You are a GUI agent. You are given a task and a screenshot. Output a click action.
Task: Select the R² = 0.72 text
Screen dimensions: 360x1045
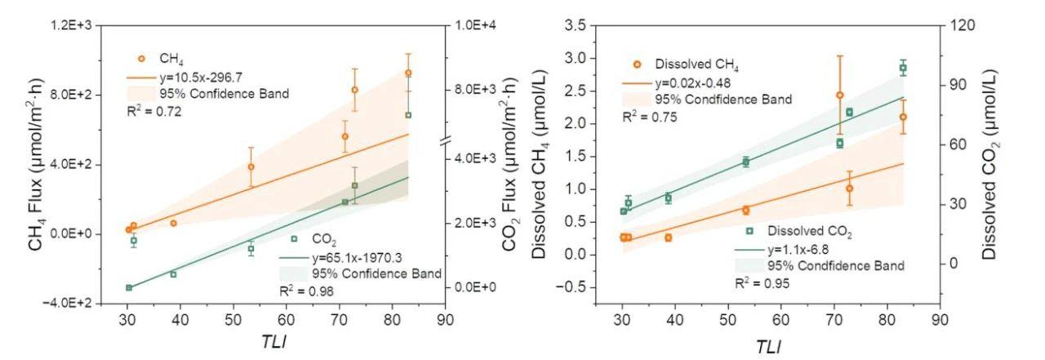[x=153, y=111]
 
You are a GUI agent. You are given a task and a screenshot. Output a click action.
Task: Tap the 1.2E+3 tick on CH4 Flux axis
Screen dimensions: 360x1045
[x=70, y=26]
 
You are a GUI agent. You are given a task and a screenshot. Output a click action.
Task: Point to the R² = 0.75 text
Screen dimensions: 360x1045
[x=650, y=117]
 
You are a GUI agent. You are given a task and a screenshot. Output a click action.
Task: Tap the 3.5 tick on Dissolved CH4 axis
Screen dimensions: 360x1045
[x=583, y=26]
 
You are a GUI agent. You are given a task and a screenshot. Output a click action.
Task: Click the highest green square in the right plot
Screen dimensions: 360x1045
[x=903, y=69]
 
